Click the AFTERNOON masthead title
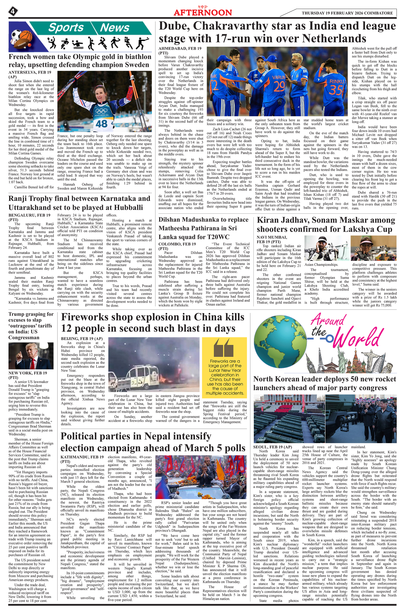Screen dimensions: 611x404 pyautogui.click(x=203, y=12)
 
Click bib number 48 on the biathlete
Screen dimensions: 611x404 pyautogui.click(x=101, y=124)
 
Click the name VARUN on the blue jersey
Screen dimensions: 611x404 pyautogui.click(x=279, y=77)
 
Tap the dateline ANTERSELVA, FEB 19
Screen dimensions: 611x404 pyautogui.click(x=30, y=72)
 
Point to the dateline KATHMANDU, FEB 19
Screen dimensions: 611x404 pyautogui.click(x=82, y=457)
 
